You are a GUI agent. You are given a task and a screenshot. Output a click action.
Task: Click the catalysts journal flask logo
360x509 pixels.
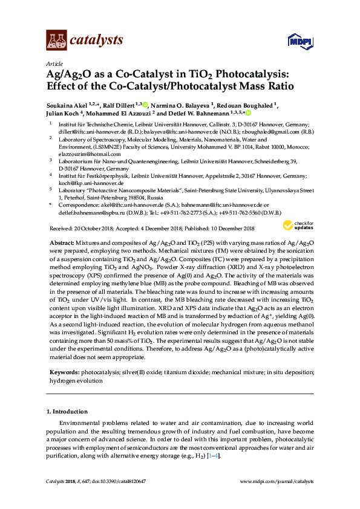(56, 41)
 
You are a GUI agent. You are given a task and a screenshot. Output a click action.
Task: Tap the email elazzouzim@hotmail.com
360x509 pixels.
(78, 154)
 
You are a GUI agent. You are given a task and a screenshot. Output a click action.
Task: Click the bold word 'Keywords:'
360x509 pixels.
(64, 374)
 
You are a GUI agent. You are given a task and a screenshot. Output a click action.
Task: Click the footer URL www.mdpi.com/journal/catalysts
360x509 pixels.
(278, 481)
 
